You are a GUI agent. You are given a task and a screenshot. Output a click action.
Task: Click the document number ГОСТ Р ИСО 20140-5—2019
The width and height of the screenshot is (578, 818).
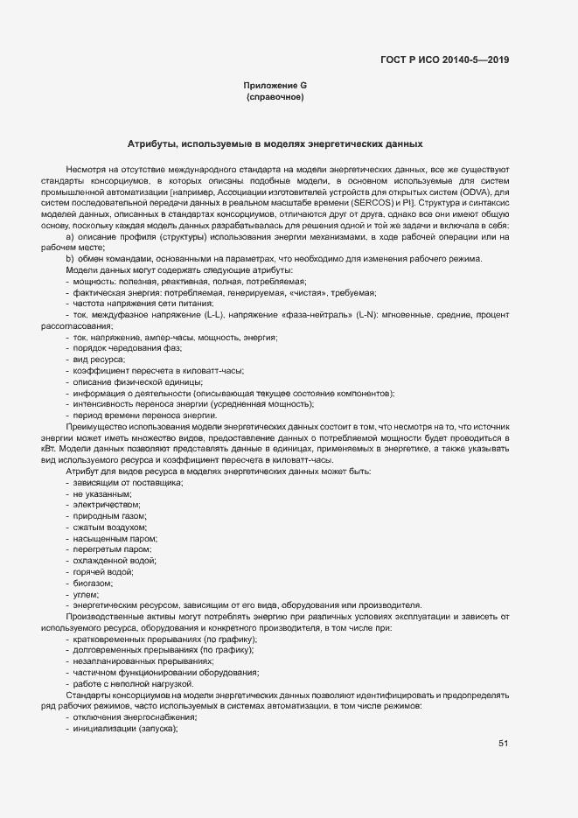pos(444,59)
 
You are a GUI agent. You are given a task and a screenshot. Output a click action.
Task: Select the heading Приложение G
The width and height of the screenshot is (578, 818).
pos(275,85)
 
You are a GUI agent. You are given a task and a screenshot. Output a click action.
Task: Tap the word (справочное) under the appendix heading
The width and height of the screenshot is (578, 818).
pos(275,96)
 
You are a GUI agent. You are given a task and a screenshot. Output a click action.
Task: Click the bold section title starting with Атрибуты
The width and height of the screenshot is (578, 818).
pos(275,143)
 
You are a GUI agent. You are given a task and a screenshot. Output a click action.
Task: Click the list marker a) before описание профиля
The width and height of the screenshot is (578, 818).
pos(71,236)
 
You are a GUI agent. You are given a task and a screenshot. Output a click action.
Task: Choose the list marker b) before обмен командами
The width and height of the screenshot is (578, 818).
pos(71,258)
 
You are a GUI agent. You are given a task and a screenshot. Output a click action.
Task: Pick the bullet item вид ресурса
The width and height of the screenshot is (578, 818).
pos(99,360)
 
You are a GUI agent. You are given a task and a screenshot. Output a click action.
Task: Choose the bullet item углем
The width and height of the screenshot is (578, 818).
pos(86,594)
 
